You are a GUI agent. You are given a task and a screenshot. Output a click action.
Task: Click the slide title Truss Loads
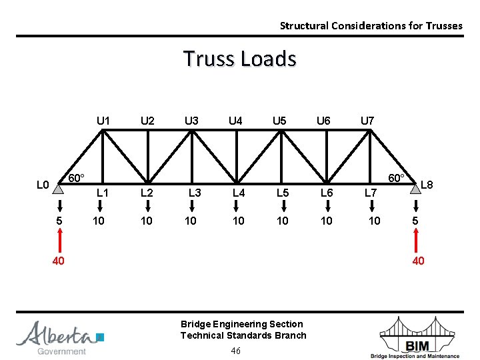239,59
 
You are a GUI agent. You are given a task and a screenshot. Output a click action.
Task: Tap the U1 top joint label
103,121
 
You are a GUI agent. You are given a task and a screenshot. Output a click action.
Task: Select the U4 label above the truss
235,121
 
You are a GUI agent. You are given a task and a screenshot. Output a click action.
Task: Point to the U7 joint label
367,121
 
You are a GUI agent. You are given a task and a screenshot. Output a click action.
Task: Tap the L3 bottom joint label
195,193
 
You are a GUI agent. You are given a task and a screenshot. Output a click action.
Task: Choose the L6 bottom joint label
327,193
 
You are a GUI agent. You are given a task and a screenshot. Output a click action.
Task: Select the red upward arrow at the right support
417,239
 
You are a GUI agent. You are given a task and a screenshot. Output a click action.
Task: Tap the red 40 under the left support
59,261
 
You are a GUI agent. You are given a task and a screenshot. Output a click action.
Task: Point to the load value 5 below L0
59,221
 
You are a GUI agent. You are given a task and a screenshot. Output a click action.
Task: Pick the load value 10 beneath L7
375,221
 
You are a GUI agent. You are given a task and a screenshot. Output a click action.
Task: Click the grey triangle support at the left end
59,189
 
